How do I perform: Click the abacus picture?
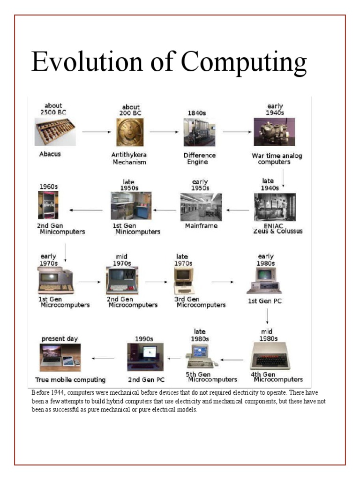55,132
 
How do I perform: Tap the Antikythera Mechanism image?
130,132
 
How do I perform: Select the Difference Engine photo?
199,132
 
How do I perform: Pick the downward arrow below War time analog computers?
283,178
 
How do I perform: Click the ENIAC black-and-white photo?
275,207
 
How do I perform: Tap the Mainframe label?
201,226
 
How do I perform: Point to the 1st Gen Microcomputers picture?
56,281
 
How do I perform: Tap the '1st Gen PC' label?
265,301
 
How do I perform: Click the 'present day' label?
60,338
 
